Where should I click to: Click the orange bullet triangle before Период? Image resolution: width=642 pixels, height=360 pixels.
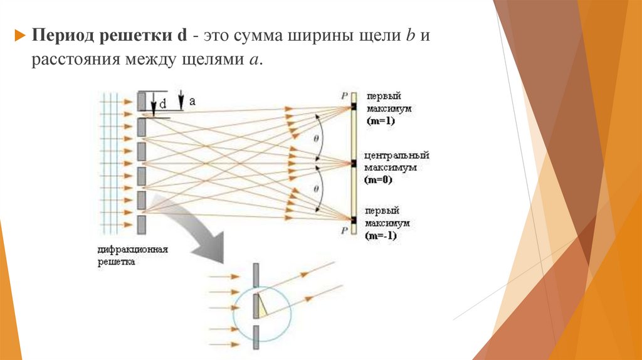[19, 35]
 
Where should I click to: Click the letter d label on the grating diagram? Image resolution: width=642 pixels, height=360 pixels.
[163, 104]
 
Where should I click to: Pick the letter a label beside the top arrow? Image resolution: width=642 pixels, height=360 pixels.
[192, 100]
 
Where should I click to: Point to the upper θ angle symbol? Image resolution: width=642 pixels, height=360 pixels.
[316, 138]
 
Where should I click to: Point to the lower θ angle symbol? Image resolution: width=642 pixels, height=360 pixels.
[316, 189]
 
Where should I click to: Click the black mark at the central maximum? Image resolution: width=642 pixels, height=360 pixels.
[354, 164]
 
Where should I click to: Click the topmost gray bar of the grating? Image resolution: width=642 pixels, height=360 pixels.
[142, 101]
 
